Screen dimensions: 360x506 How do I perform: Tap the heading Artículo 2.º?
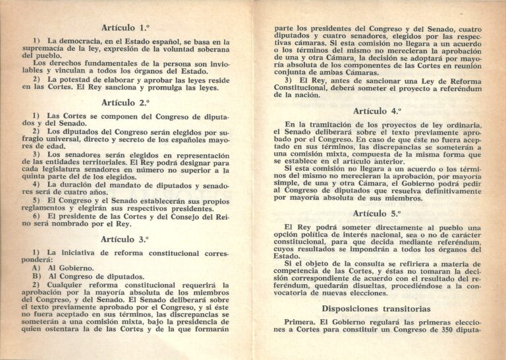point(125,102)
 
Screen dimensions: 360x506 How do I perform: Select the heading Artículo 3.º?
point(125,239)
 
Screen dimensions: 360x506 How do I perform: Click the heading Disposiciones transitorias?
point(376,309)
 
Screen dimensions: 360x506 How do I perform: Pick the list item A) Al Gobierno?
point(63,268)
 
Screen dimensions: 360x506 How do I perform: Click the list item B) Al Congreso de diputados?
point(83,276)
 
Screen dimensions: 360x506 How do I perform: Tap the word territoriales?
point(96,162)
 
